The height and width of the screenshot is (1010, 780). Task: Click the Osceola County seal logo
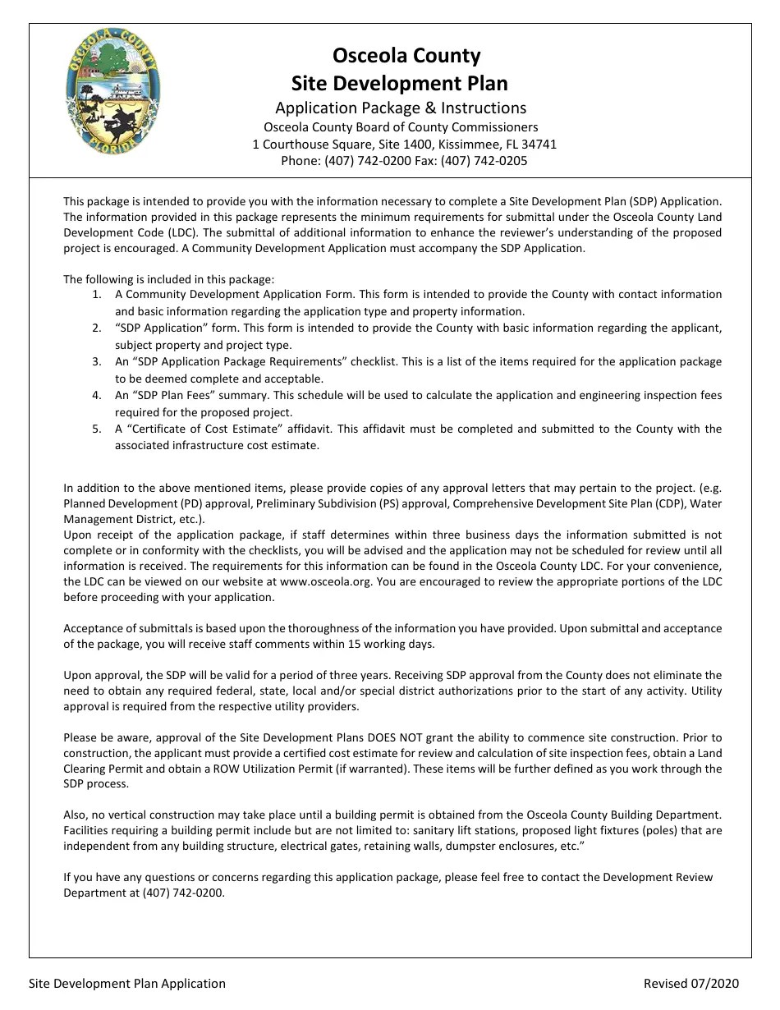coord(112,92)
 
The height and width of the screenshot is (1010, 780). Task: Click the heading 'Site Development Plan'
coord(400,83)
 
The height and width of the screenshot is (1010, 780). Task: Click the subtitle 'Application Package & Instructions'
coord(401,108)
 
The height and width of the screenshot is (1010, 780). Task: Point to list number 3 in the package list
coord(97,361)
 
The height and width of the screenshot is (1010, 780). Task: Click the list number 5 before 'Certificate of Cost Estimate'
coord(97,429)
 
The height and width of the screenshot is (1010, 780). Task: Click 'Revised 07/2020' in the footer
coord(691,983)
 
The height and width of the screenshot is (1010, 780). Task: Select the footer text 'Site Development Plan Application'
coord(127,983)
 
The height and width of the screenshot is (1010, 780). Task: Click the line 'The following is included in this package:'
coord(169,279)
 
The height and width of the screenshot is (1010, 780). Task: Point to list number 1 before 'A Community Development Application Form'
coord(97,294)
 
